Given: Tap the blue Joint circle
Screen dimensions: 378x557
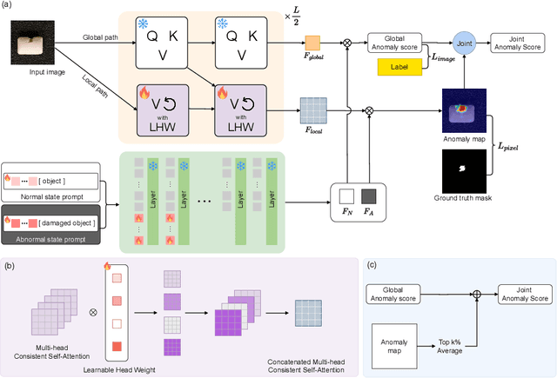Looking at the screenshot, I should (463, 39).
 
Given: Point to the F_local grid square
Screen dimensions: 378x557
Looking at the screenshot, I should (311, 111).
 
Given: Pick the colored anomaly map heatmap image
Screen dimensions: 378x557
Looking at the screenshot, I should (464, 111).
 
